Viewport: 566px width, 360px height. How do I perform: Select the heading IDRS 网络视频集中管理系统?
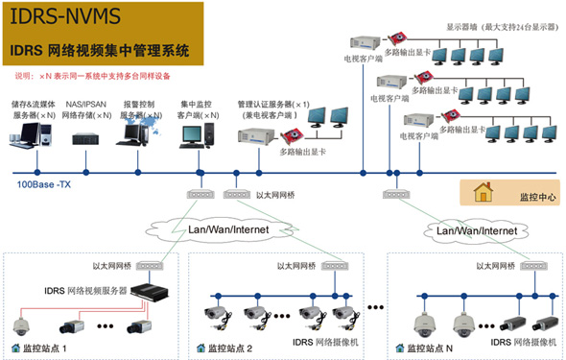[100, 48]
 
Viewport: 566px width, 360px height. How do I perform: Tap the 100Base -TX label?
[43, 183]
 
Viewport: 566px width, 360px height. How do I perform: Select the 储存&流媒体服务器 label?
[34, 108]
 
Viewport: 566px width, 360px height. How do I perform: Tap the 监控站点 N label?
[428, 347]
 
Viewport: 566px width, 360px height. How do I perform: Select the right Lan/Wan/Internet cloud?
[478, 231]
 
